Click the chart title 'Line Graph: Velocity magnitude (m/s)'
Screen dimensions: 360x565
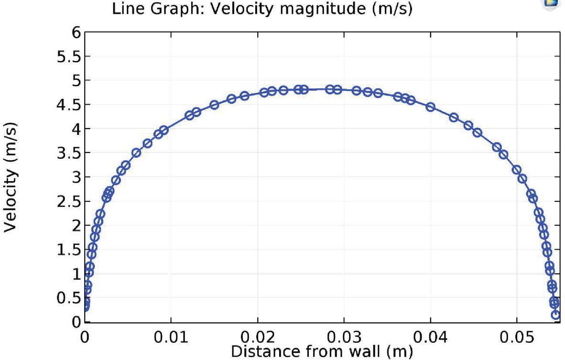tap(261, 9)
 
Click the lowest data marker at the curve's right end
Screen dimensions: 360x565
tap(555, 315)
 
